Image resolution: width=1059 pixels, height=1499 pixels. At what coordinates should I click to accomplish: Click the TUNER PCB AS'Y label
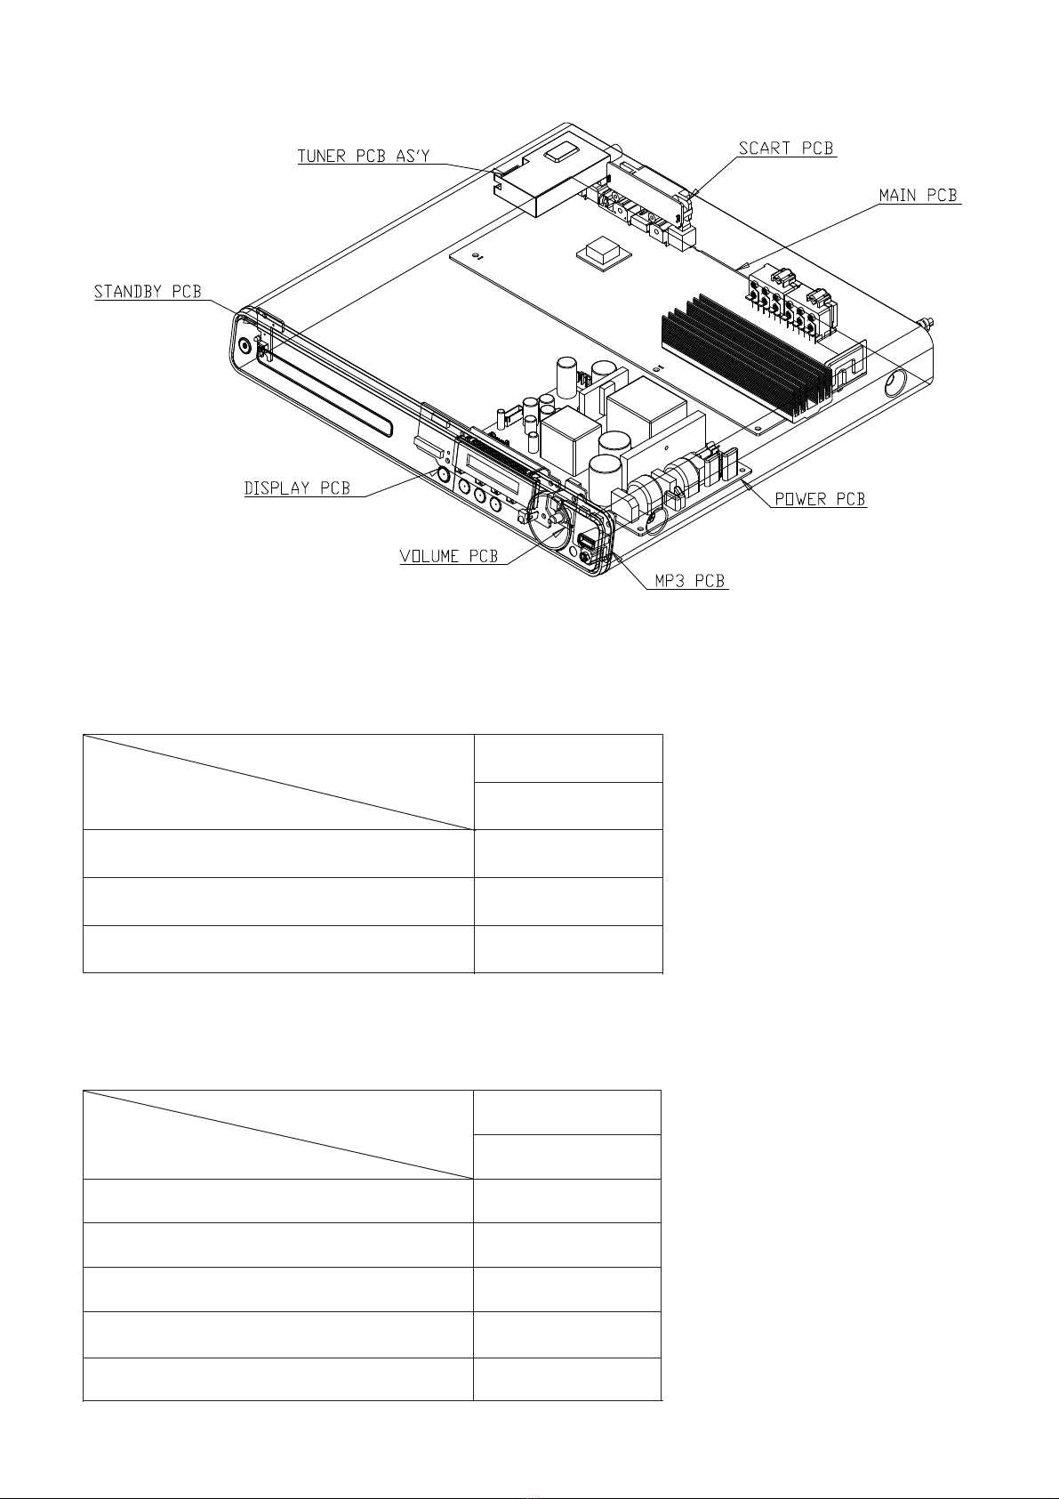364,156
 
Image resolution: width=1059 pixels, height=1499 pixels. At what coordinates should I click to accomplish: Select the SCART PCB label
786,148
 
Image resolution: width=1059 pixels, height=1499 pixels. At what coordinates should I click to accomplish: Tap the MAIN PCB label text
919,195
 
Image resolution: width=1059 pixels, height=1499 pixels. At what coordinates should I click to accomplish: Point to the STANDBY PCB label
148,292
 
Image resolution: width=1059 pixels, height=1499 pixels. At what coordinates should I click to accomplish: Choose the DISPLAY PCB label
297,488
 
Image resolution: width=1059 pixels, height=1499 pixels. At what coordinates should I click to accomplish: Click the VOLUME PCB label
449,556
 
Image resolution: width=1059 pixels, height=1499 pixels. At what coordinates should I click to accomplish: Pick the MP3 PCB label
690,581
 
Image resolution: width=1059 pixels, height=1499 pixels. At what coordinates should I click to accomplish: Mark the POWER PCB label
820,499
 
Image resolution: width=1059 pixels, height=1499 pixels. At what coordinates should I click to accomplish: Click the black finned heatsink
746,357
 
